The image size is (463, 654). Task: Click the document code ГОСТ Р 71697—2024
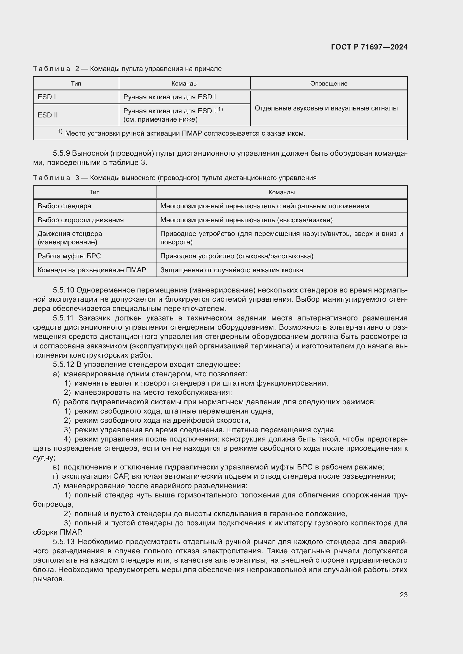click(369, 47)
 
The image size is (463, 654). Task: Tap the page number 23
click(403, 595)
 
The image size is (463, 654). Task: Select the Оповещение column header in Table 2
click(328, 83)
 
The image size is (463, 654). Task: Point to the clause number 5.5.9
click(61, 154)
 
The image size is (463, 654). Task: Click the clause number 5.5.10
click(63, 290)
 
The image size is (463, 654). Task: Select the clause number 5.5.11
click(63, 318)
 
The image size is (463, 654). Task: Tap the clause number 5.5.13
click(63, 542)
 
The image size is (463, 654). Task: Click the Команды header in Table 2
click(184, 83)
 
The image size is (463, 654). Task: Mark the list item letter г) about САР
click(56, 476)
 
